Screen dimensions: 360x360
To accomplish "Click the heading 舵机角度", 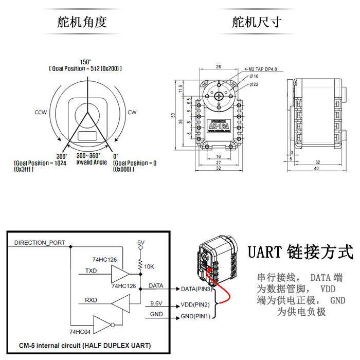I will pos(83,22).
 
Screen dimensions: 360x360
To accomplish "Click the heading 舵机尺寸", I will pos(257,22).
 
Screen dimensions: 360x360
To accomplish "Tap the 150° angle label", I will pos(85,61).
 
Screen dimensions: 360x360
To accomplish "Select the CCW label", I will pos(41,112).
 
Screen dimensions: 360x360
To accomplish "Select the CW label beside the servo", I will pos(132,112).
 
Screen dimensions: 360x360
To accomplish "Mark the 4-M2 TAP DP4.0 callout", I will pos(261,67).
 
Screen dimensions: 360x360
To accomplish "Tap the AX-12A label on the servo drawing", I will pos(220,124).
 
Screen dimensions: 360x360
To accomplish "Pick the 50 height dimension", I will pos(173,115).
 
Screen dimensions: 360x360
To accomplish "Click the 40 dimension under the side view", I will pos(316,168).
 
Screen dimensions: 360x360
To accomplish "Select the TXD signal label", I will pos(90,269).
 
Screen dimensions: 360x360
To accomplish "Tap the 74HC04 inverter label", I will pos(80,332).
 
